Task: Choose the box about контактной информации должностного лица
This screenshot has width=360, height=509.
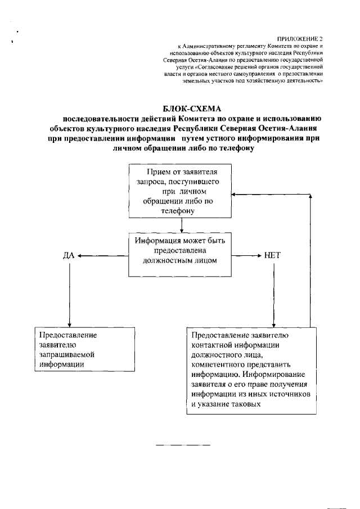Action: coord(251,371)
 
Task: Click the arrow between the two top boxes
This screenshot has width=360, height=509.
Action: coord(182,226)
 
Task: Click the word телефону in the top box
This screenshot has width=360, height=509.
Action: coord(178,211)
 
